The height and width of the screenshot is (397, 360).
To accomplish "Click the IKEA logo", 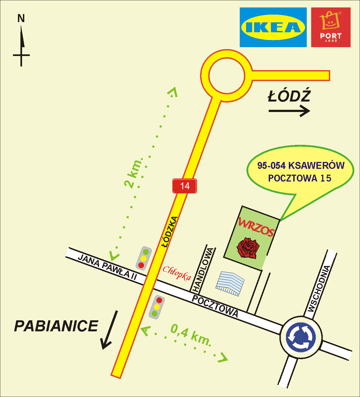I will click(273, 27).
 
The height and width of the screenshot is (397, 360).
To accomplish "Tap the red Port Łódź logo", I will click(331, 27).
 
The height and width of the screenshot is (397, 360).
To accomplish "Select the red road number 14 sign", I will click(185, 186).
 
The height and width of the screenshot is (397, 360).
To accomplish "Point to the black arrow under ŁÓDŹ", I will click(289, 111).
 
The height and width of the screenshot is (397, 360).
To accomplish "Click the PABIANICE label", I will click(56, 326).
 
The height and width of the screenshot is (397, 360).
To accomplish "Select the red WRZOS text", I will click(256, 227).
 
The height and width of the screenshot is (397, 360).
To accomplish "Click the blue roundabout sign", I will click(301, 337).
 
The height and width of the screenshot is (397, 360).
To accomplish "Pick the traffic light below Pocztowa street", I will click(157, 307).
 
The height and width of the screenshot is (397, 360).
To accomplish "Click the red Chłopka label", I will click(177, 273).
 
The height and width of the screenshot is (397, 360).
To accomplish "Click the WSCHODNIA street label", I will click(319, 289).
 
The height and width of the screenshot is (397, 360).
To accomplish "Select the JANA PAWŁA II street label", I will click(107, 267).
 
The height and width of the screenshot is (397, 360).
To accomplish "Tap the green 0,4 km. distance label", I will click(191, 335).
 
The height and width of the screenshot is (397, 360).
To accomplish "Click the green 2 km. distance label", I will click(134, 173).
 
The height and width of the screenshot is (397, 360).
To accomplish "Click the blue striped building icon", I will click(230, 283).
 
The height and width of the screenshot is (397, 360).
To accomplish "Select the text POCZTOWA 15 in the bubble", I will click(300, 178).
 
